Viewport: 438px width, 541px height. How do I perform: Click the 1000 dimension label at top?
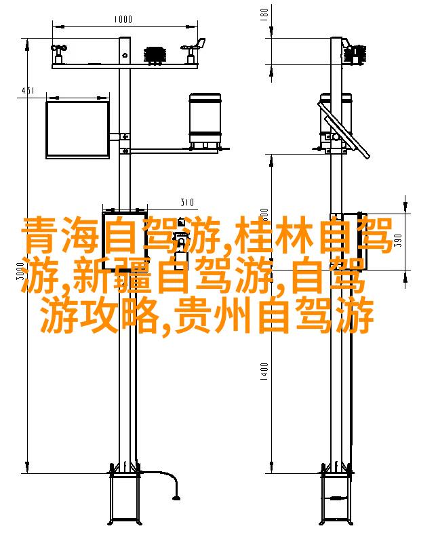tap(123, 19)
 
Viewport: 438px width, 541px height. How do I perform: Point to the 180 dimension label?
tap(264, 14)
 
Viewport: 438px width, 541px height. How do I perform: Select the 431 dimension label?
tap(28, 91)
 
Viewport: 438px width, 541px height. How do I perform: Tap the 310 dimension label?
tap(187, 202)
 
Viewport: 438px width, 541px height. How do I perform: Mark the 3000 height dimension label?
tap(20, 271)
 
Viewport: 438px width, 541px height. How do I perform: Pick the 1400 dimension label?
tap(264, 372)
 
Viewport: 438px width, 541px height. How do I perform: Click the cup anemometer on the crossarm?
tap(59, 54)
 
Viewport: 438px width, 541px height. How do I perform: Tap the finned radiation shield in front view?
tap(155, 55)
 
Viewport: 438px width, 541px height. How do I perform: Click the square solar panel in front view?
tap(78, 129)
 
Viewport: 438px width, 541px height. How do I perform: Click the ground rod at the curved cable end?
tap(177, 498)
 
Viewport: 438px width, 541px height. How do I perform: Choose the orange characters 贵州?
tap(212, 316)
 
